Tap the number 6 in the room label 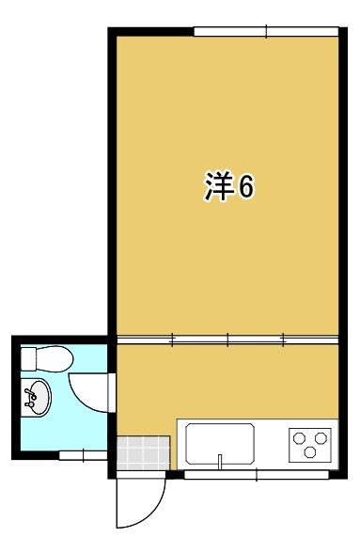(x=246, y=187)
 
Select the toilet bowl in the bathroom (x=54, y=359)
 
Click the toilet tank (x=28, y=359)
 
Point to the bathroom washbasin (x=36, y=397)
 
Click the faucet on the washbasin (x=30, y=398)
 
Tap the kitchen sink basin (x=220, y=444)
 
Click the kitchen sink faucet (x=220, y=462)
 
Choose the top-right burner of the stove (x=321, y=438)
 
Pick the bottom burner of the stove (x=310, y=451)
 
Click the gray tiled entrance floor (x=144, y=453)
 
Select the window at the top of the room (x=266, y=31)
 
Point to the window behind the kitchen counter (x=257, y=475)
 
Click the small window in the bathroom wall (x=83, y=455)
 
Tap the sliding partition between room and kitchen (x=227, y=340)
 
